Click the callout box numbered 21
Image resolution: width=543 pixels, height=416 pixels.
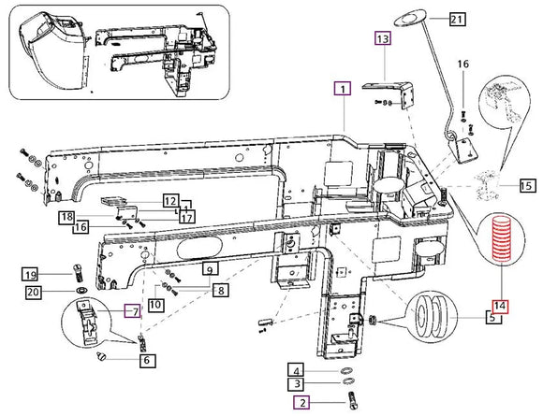coord(458,19)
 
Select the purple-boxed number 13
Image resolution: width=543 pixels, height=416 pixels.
coord(383,38)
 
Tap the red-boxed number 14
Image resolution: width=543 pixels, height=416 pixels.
coord(501,306)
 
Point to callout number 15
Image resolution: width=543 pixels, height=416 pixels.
coord(527,186)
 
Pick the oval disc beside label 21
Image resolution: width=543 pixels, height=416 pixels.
coord(411,18)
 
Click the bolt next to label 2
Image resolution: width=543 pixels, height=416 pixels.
coord(352,401)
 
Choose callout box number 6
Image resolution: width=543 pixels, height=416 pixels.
coord(147,361)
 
